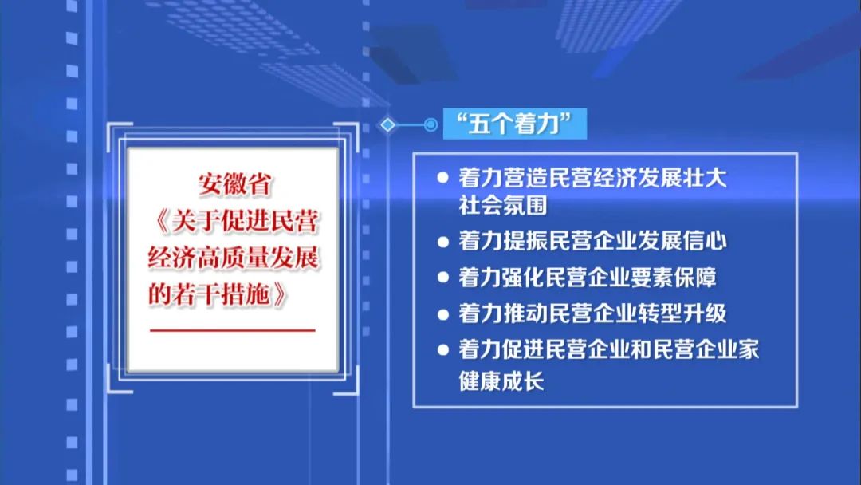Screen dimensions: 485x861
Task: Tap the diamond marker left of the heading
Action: click(387, 124)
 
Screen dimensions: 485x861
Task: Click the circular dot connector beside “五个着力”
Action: click(431, 124)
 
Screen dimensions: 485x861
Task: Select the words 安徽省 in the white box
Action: click(235, 185)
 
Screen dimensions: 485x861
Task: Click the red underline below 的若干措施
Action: click(233, 329)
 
